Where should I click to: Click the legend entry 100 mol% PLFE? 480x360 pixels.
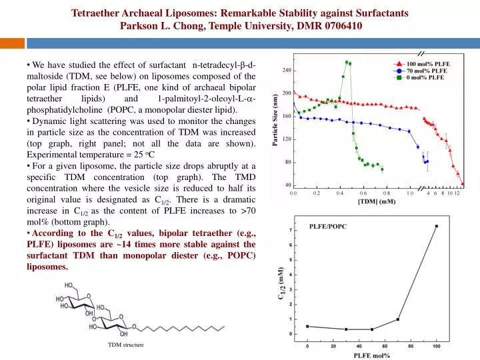point(421,64)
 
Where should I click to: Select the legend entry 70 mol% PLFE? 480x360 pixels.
point(420,71)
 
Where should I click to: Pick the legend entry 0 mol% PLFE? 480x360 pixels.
point(419,77)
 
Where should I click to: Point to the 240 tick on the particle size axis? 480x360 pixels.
point(287,70)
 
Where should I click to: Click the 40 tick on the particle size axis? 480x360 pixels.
point(288,185)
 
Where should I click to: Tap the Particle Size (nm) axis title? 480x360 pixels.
point(275,120)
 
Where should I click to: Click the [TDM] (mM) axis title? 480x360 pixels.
point(377,201)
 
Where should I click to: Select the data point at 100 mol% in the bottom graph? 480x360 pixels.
point(437,226)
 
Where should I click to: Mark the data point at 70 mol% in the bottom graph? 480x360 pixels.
point(397,319)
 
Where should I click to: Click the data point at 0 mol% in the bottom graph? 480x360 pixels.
point(307,326)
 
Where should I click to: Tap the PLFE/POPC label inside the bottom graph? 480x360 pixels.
point(328,227)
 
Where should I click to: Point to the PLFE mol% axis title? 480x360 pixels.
point(372,355)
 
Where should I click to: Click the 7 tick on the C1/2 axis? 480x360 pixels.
point(291,230)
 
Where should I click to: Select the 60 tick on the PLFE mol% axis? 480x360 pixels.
point(385,346)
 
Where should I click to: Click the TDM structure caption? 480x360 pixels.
point(126,345)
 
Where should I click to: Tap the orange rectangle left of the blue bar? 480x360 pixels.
point(12,43)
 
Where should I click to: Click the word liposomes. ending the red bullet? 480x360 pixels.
point(47,267)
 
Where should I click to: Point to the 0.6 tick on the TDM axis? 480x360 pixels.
point(363,193)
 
